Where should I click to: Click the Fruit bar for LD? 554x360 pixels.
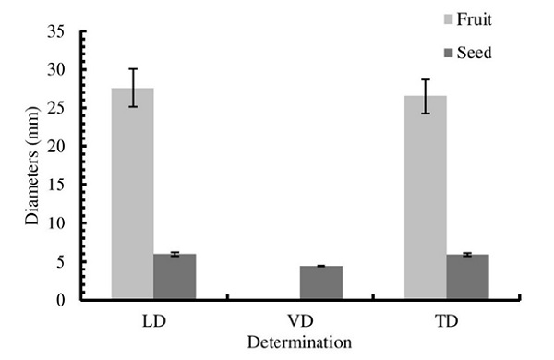click(133, 194)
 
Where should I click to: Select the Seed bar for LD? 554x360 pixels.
click(175, 277)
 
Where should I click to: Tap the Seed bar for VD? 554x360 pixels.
click(320, 282)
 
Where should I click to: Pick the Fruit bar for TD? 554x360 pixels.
click(425, 198)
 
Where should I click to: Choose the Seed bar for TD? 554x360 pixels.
click(467, 277)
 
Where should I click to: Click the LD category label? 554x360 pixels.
click(153, 322)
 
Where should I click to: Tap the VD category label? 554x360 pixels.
click(299, 322)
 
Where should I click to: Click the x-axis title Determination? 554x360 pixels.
click(299, 342)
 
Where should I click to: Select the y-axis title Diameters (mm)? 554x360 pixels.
click(33, 166)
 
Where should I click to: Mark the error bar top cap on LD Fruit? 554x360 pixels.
click(133, 68)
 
